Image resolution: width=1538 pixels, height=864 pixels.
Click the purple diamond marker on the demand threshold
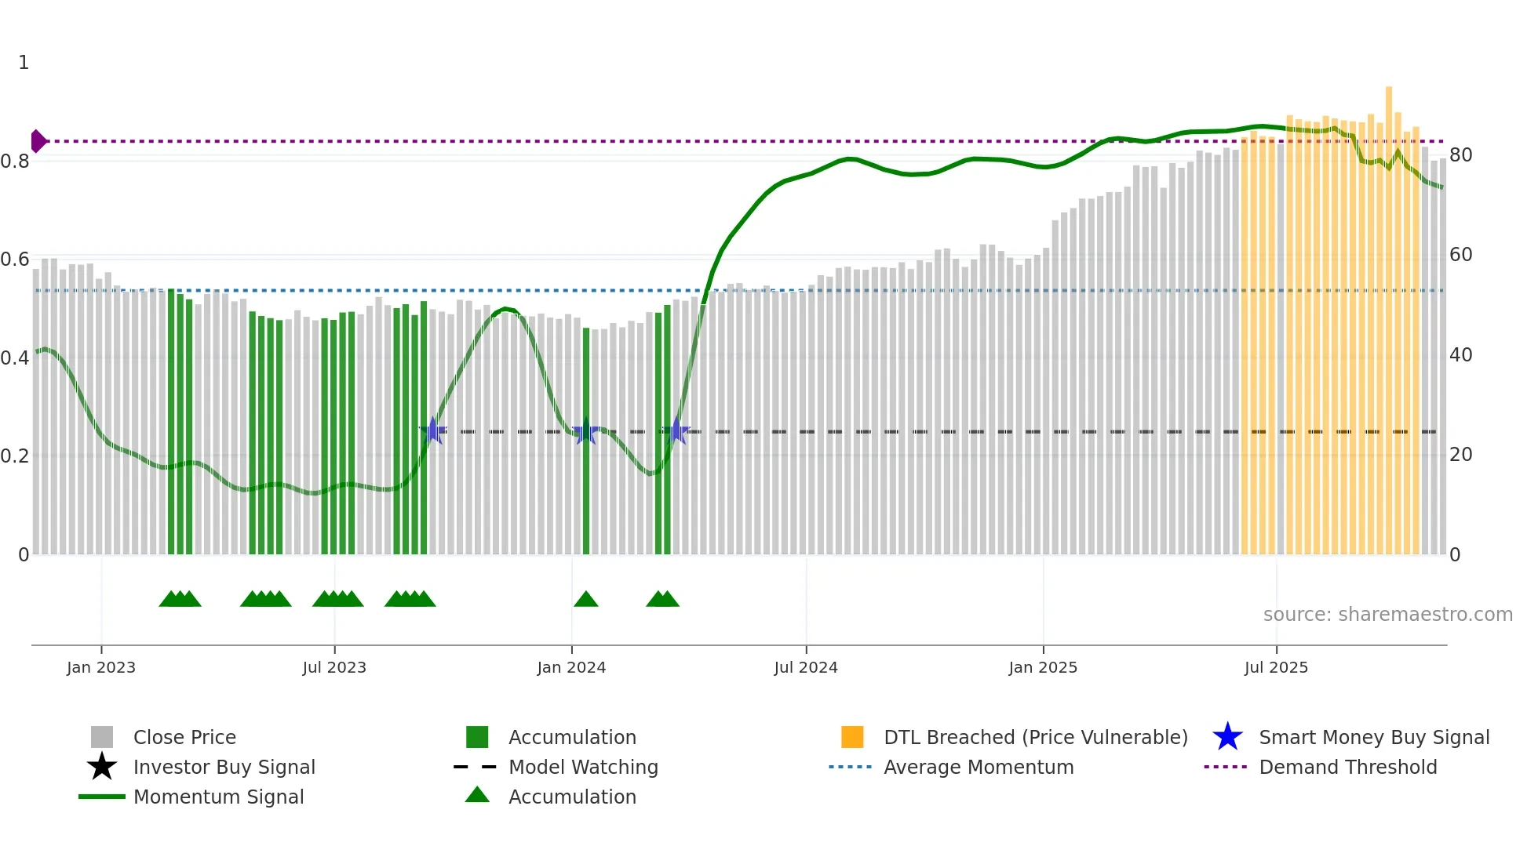tap(38, 141)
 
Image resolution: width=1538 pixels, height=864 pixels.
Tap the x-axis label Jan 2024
tap(571, 668)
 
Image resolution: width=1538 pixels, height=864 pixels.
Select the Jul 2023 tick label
tap(334, 668)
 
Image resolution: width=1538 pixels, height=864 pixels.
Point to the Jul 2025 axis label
tap(1276, 668)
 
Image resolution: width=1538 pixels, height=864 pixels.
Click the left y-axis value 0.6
tap(15, 260)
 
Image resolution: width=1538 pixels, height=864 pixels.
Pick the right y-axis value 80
tap(1460, 155)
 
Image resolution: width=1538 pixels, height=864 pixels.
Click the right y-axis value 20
tap(1460, 455)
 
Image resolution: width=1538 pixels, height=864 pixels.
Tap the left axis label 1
tap(24, 63)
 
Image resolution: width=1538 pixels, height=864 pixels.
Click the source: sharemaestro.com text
tap(1387, 615)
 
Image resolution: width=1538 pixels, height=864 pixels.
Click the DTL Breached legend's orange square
tap(852, 737)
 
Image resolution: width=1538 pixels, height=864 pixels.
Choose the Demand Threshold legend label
tap(1347, 768)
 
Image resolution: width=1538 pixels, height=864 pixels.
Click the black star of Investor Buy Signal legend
tap(102, 767)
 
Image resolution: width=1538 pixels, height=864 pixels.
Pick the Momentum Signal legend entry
tap(218, 797)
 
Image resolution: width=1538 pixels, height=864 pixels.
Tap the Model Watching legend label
tap(583, 768)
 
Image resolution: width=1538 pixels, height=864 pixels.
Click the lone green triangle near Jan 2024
tap(585, 600)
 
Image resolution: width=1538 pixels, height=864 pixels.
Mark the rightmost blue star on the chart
tap(676, 431)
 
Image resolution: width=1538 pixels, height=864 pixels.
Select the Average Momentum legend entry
tap(978, 768)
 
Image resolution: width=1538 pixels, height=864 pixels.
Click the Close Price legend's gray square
tap(102, 737)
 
